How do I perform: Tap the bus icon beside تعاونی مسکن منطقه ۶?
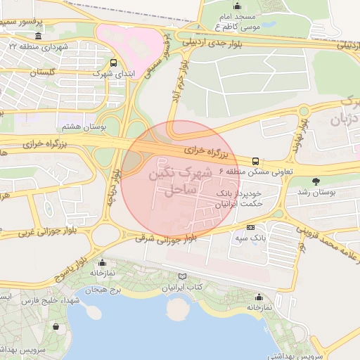click(x=255, y=160)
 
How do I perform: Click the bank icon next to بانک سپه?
click(x=251, y=227)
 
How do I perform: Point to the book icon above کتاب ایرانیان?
click(x=184, y=277)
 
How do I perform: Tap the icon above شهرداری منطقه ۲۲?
click(x=37, y=36)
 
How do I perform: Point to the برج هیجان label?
click(x=103, y=290)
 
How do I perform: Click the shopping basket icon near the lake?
click(x=56, y=326)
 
